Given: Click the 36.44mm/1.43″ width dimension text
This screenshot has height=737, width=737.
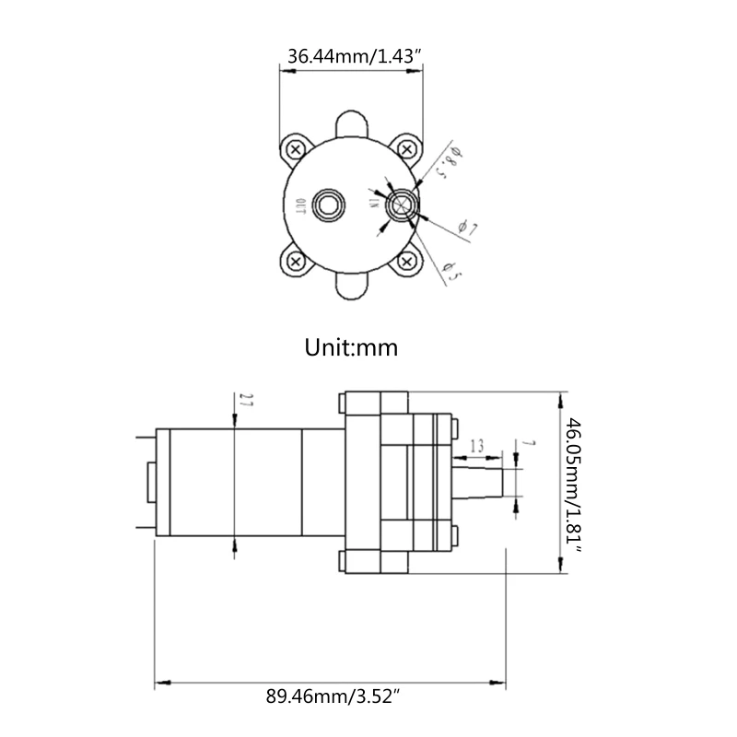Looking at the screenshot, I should pyautogui.click(x=355, y=56).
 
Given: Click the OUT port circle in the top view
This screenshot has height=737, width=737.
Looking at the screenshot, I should pyautogui.click(x=329, y=205).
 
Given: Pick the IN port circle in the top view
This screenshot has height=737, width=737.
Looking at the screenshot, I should pyautogui.click(x=402, y=205).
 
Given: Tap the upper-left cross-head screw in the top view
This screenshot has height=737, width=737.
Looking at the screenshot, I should pyautogui.click(x=295, y=148).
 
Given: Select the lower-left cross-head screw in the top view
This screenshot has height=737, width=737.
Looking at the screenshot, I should pyautogui.click(x=295, y=262).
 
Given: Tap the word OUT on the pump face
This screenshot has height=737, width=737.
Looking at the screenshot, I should pyautogui.click(x=300, y=205).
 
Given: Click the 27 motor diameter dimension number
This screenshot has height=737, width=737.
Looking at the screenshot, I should pyautogui.click(x=245, y=401).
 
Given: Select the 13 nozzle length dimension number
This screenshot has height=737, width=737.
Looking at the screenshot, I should pyautogui.click(x=476, y=447).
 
